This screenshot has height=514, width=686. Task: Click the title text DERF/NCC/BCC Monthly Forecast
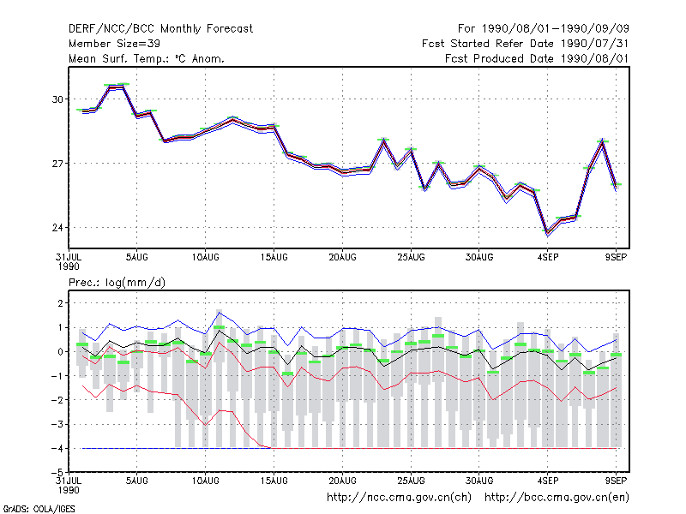160,29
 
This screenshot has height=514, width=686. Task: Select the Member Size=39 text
114,44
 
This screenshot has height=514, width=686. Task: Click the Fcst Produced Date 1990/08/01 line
537,58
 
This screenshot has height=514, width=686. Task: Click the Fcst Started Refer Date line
525,44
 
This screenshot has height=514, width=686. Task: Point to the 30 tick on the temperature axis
57,99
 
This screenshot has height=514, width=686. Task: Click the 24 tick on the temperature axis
57,228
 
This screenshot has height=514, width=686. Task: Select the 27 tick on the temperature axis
57,164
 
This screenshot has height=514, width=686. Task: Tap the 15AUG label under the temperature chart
274,258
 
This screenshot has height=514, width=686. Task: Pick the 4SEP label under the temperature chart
548,258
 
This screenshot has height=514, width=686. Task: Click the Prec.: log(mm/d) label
117,283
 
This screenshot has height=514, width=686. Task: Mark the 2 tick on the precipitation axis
60,303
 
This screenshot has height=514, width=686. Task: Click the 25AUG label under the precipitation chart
411,481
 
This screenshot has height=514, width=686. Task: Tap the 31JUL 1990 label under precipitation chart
69,485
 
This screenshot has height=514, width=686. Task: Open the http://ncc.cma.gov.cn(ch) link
399,498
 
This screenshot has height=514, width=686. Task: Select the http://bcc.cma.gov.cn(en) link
557,498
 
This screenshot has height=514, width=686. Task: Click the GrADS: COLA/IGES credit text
39,509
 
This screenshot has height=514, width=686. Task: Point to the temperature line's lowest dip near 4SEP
547,232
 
